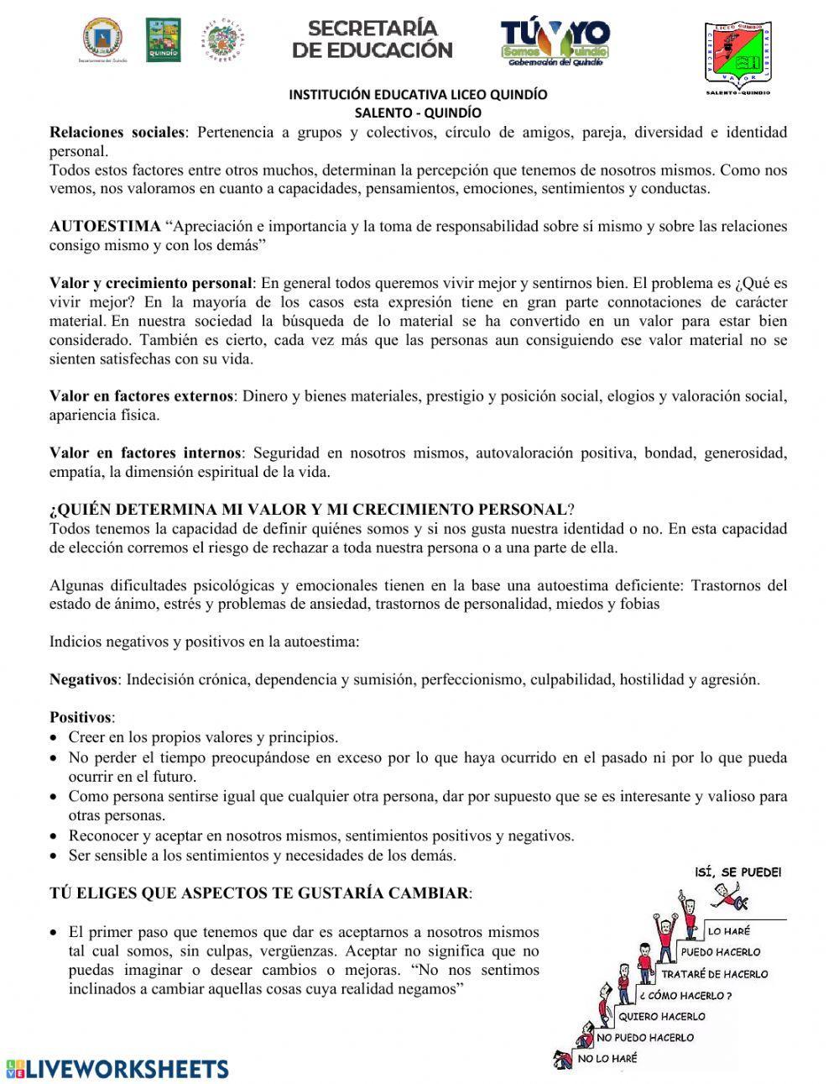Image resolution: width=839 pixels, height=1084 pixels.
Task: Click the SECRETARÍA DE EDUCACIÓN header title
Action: point(372,39)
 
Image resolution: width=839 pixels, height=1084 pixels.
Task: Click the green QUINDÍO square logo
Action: point(163,40)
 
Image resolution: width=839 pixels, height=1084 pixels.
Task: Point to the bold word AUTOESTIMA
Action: point(105,226)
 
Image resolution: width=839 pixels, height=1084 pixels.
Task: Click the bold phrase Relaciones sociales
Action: point(117,132)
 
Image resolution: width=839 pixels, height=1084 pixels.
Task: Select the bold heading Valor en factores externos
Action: point(141,395)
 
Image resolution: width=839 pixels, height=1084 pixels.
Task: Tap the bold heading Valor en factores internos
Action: point(145,453)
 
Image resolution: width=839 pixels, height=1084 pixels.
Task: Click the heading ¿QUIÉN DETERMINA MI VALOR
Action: point(309,509)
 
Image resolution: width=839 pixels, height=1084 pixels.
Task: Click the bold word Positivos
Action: point(81,717)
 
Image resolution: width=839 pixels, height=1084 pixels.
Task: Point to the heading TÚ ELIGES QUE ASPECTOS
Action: point(259,893)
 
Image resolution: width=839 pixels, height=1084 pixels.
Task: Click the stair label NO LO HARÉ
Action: point(607,1059)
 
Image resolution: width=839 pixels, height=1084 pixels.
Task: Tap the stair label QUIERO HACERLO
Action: point(661,1016)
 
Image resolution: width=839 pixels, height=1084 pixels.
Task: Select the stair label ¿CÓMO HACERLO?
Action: point(685,996)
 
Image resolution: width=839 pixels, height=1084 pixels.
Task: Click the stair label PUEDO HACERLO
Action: point(720,952)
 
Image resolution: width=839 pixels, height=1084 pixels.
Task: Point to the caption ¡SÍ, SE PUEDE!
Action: point(738,872)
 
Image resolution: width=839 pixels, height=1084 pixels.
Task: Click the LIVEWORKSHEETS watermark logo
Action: point(117,1068)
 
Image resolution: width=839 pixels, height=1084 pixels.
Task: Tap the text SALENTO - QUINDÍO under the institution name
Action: point(417,112)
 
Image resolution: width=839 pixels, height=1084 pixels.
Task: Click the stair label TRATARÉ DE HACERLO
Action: point(714,974)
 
